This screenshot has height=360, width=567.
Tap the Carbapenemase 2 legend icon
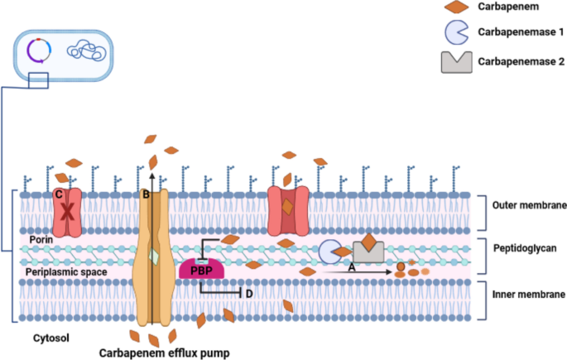point(456,61)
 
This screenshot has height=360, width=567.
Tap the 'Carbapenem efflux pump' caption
point(164,353)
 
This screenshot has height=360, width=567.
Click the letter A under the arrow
point(352,268)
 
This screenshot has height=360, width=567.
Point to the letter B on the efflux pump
point(146,195)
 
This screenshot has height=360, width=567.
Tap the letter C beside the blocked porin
point(57,194)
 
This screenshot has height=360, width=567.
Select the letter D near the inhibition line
point(250,295)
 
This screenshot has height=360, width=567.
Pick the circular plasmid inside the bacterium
point(37,50)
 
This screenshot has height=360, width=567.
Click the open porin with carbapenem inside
point(286,209)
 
